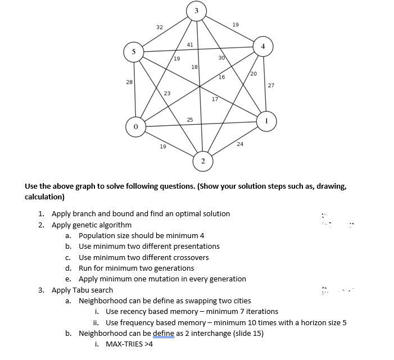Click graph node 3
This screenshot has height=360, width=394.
(196, 12)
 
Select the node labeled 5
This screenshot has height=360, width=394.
(134, 51)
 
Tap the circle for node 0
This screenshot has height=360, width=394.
(135, 127)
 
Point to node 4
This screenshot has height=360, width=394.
(262, 46)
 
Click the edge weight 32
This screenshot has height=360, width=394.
(160, 27)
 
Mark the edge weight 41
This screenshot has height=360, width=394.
(190, 44)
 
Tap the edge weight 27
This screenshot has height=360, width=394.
(271, 85)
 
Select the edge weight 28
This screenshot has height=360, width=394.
(129, 82)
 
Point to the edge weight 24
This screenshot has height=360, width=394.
(240, 144)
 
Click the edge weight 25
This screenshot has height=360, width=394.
(190, 119)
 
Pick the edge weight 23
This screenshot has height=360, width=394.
(167, 93)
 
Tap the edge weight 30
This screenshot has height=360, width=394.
(221, 58)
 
